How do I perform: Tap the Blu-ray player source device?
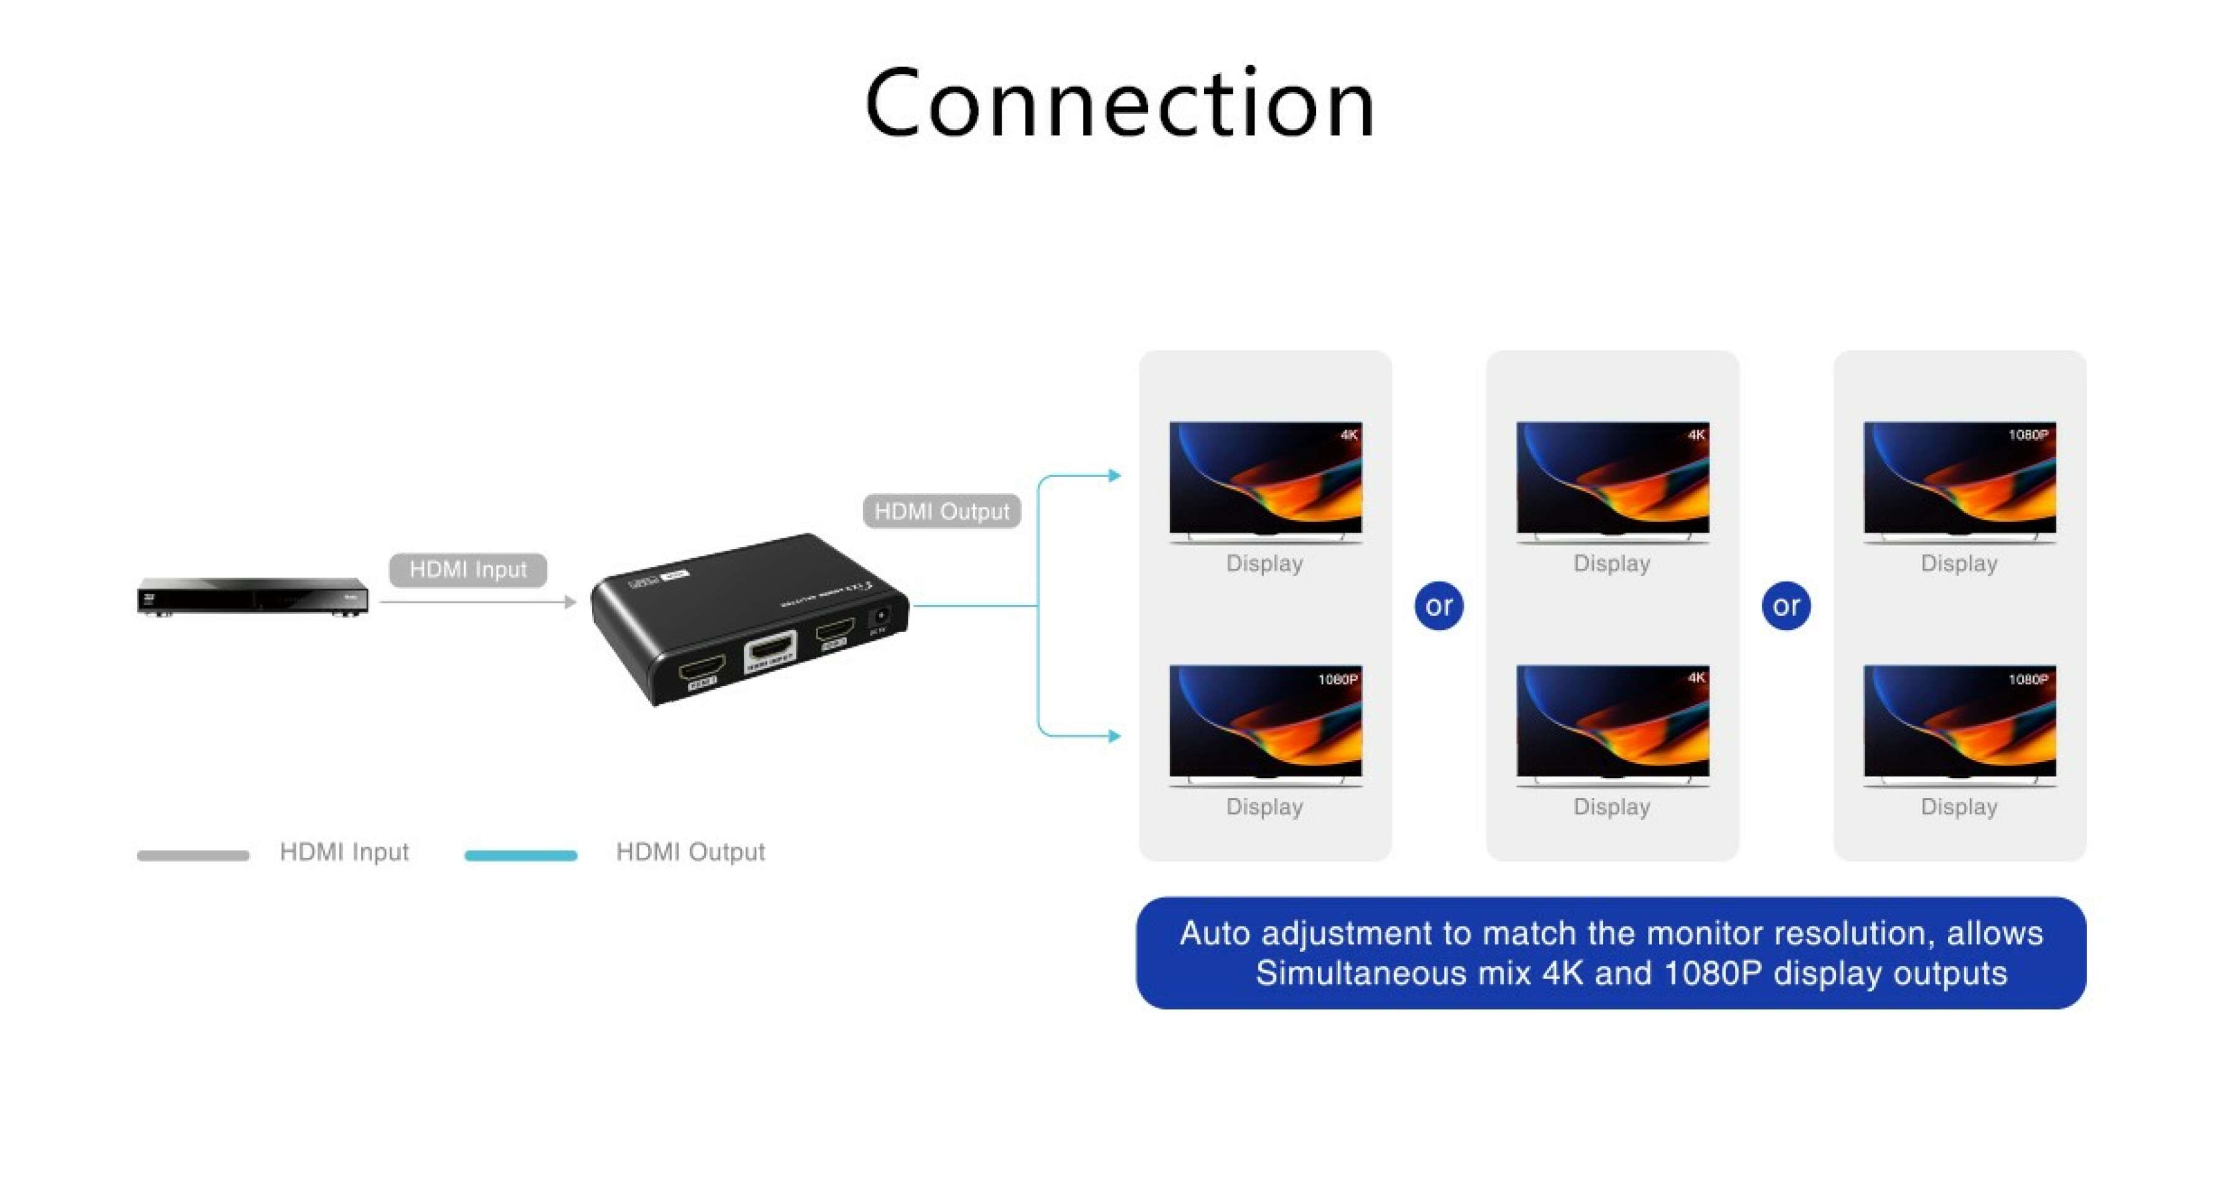coord(252,596)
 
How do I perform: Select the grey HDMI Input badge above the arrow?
coord(468,569)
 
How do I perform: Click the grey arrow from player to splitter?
coord(477,601)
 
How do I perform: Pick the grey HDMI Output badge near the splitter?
coord(941,511)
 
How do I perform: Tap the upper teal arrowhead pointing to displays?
coord(1115,476)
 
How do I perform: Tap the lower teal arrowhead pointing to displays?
coord(1115,736)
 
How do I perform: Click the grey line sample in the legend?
coord(193,855)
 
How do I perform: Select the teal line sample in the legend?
coord(521,855)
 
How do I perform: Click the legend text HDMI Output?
coord(690,852)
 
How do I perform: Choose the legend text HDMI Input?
coord(344,852)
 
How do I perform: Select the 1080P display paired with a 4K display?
coord(1265,721)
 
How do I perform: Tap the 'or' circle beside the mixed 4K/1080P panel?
coord(1438,605)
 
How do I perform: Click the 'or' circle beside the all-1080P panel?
coord(1786,605)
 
